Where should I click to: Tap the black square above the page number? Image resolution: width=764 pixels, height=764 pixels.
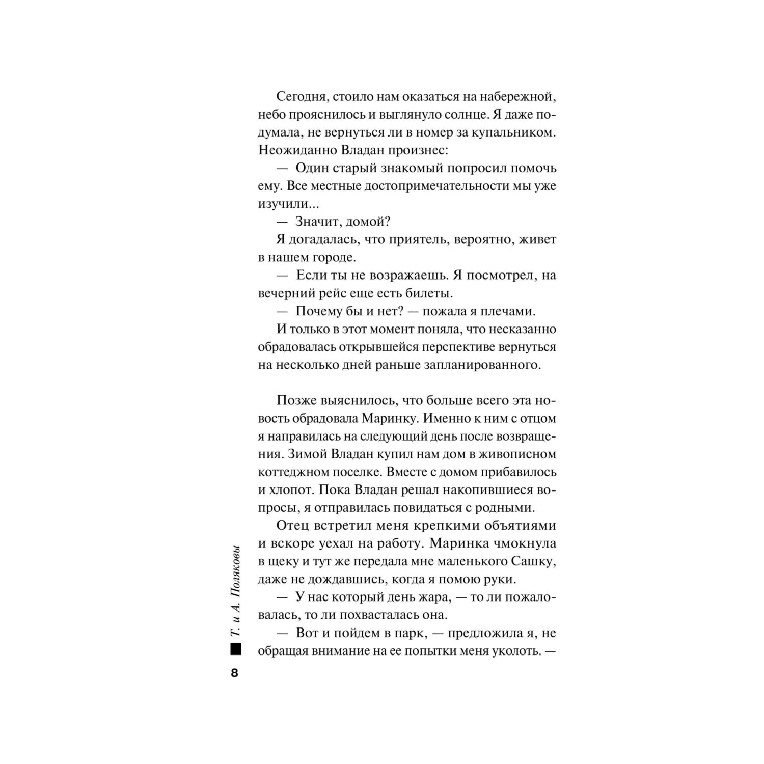(235, 650)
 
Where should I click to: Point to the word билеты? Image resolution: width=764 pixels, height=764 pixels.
(426, 293)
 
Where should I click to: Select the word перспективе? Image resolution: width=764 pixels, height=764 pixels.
(465, 347)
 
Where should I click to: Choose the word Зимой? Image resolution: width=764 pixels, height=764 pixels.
(307, 454)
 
